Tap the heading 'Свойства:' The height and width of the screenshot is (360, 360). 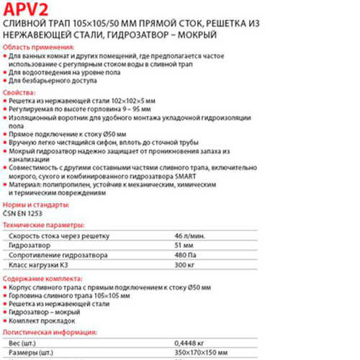pos(20,94)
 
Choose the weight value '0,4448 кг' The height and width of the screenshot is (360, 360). pos(189,346)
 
